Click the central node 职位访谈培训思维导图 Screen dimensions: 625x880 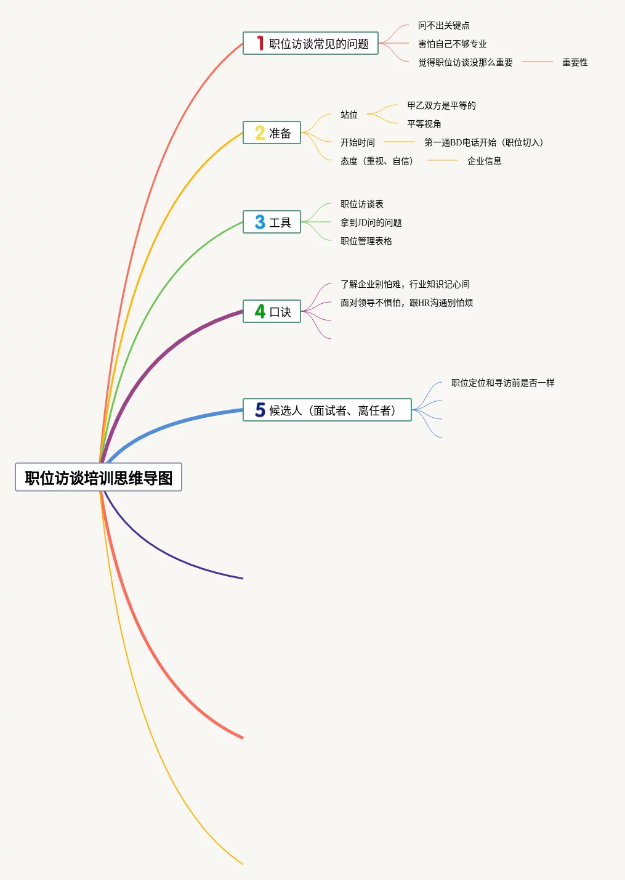coord(99,478)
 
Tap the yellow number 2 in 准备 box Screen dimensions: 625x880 coord(260,133)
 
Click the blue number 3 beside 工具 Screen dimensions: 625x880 coord(260,222)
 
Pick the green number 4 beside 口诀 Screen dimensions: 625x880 coord(260,312)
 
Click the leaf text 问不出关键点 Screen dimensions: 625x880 coord(443,25)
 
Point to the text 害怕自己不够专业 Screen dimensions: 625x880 coord(452,44)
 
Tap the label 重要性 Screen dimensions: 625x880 coord(575,62)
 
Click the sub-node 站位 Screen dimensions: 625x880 coord(349,115)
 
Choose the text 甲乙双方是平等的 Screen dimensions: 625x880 coord(441,105)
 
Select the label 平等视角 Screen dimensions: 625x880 coord(424,124)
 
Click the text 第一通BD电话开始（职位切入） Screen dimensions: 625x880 coord(484,142)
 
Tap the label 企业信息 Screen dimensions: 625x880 coord(484,161)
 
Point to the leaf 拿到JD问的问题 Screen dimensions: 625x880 coord(371,222)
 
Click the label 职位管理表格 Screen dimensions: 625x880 coord(366,241)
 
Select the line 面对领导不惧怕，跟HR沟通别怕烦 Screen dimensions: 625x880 coord(406,303)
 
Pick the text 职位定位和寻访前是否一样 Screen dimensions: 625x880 coord(502,383)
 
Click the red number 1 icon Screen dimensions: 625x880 coord(260,43)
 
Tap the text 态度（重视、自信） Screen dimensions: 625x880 coord(377,161)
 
